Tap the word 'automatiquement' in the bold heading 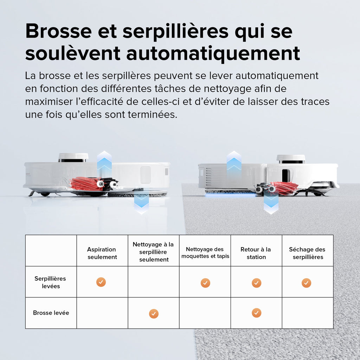pyautogui.click(x=213, y=53)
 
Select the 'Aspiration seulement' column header pyautogui.click(x=102, y=253)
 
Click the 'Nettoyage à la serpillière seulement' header pyautogui.click(x=153, y=252)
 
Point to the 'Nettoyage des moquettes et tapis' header pyautogui.click(x=205, y=253)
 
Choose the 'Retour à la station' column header pyautogui.click(x=256, y=253)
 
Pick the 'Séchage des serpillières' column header pyautogui.click(x=307, y=253)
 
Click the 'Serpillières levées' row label pyautogui.click(x=50, y=282)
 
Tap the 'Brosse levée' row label pyautogui.click(x=51, y=313)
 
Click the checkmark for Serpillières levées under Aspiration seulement pyautogui.click(x=101, y=282)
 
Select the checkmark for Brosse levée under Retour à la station pyautogui.click(x=256, y=313)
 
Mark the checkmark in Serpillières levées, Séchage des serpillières pyautogui.click(x=307, y=283)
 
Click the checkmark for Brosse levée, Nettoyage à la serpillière pyautogui.click(x=154, y=314)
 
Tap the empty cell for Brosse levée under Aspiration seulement pyautogui.click(x=102, y=313)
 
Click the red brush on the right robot pyautogui.click(x=283, y=188)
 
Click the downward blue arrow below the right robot pyautogui.click(x=271, y=204)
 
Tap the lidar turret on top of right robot pyautogui.click(x=291, y=159)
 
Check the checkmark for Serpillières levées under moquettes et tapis pyautogui.click(x=205, y=283)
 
